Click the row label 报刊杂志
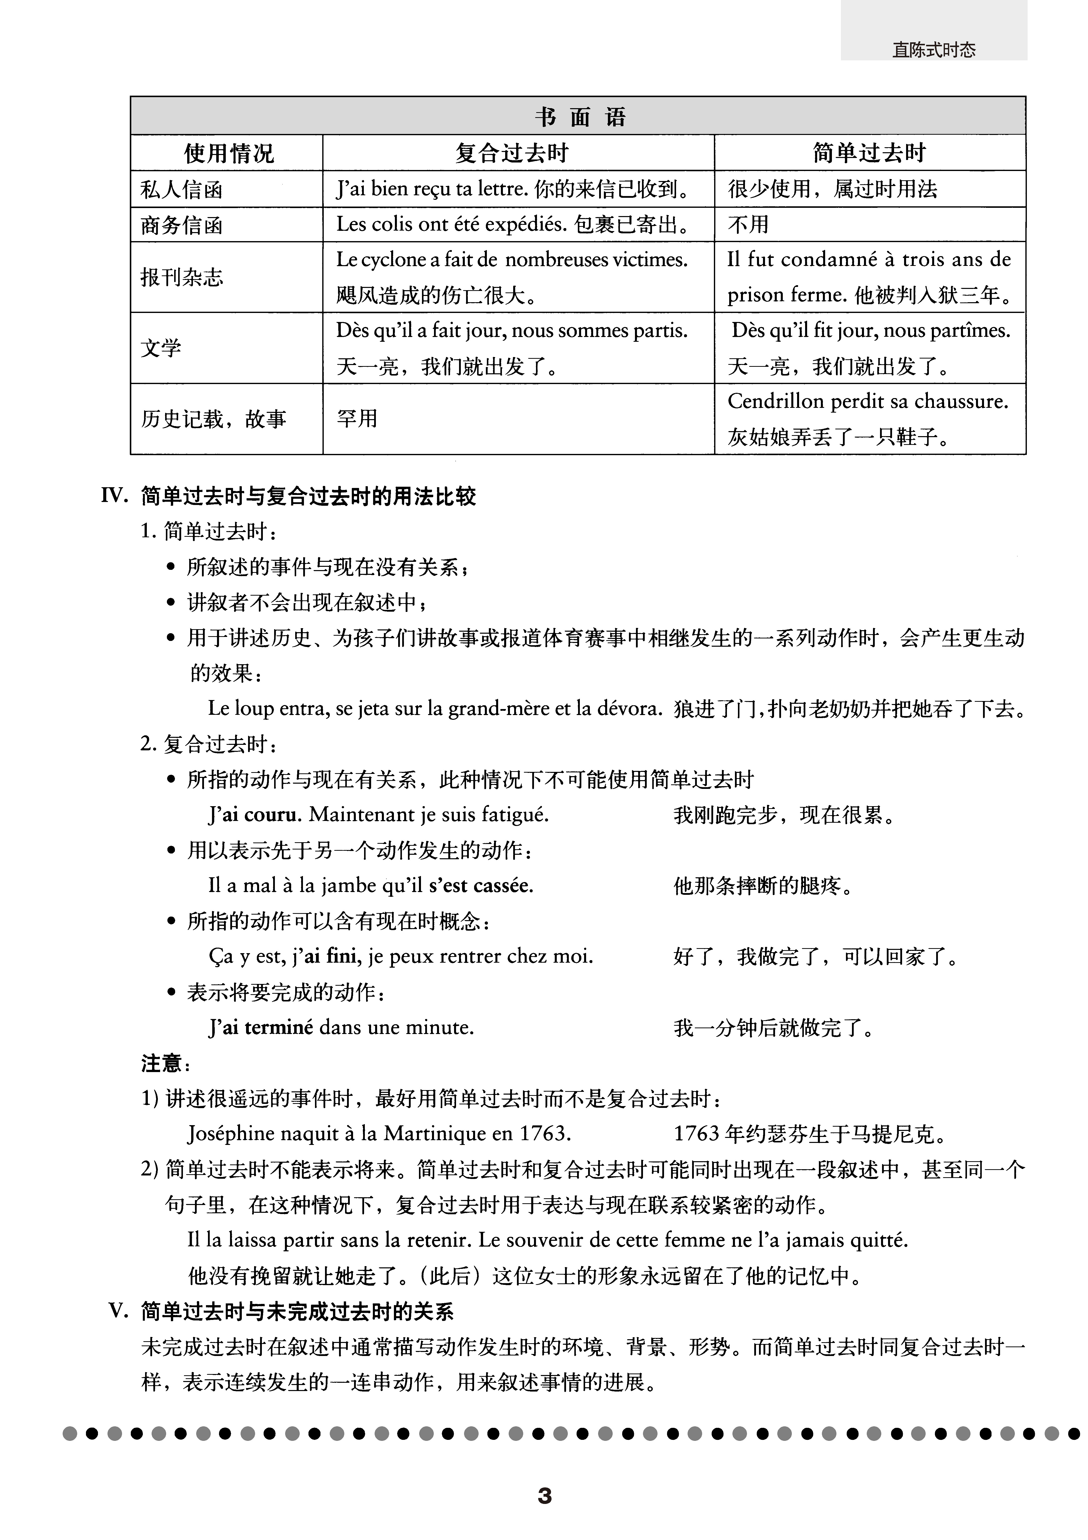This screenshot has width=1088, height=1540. tap(181, 277)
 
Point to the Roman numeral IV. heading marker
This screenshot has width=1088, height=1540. tap(114, 496)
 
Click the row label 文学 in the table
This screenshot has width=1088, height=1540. tap(161, 348)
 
